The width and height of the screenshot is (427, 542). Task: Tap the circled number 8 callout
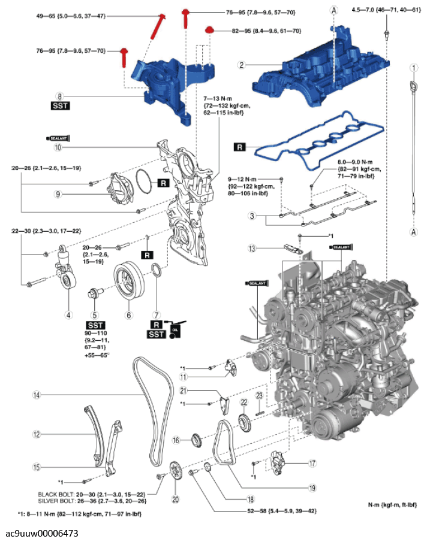59,95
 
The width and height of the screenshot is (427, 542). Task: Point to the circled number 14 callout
36,395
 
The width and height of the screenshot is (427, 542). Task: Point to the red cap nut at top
209,29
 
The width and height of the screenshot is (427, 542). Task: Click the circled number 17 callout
312,463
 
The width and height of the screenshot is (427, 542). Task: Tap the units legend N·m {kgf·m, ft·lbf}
392,504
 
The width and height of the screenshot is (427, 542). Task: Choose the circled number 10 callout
58,147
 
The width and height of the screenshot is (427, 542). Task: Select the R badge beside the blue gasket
239,146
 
